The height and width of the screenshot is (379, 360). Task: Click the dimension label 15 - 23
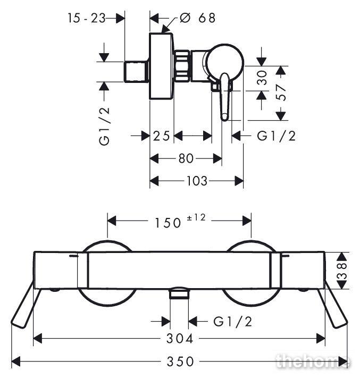(86, 18)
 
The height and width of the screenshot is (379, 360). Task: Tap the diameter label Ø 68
(197, 18)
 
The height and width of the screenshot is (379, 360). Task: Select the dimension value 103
(197, 181)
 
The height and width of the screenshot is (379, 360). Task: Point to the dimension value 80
(186, 158)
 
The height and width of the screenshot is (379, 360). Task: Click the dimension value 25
(162, 136)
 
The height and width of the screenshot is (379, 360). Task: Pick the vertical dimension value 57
(281, 92)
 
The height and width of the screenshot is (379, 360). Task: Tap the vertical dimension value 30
(262, 78)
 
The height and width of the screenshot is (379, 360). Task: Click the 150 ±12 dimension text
(180, 221)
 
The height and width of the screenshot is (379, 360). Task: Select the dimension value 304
(180, 339)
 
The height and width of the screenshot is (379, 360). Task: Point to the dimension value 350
(180, 362)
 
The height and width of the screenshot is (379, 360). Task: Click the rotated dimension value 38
(342, 271)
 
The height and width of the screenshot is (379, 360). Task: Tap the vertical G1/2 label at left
(104, 127)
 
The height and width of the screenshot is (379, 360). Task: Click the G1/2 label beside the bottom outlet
(232, 322)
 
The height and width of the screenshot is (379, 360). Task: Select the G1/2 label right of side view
(276, 136)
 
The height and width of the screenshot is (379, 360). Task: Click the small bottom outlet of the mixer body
(179, 293)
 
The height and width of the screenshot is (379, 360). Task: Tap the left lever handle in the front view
(23, 305)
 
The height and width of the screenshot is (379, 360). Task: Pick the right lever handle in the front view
(333, 305)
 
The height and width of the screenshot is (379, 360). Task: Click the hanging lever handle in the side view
(225, 97)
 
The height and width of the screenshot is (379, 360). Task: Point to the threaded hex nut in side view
(181, 66)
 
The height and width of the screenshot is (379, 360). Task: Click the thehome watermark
(313, 361)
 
